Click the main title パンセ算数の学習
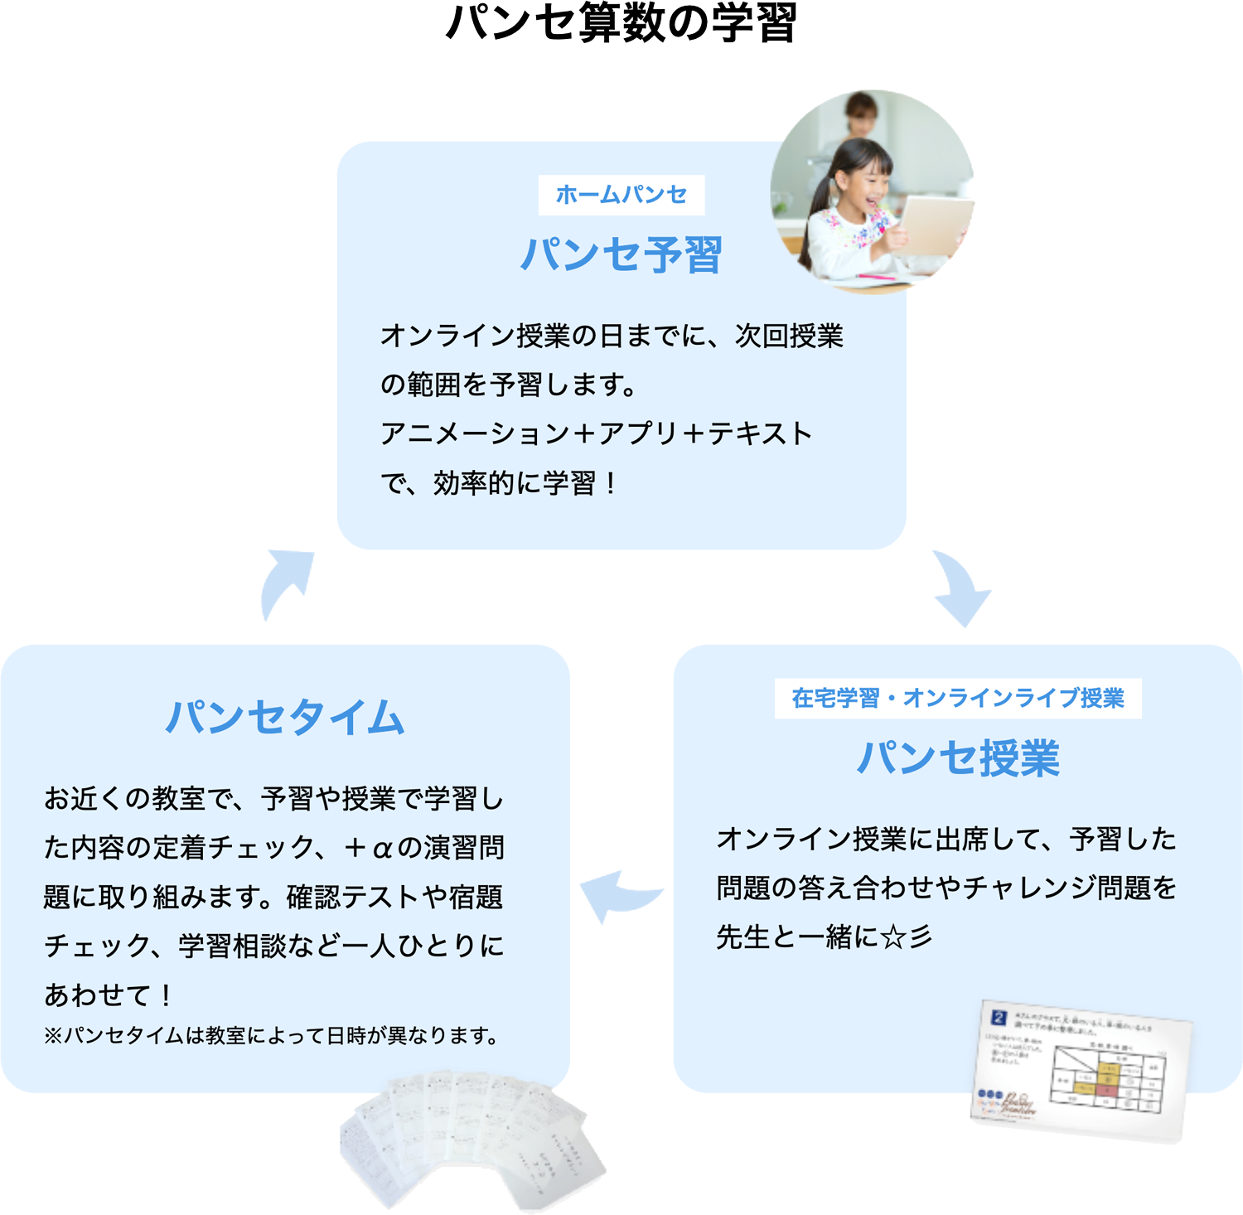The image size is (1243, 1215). [621, 23]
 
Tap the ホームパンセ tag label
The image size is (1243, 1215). [621, 195]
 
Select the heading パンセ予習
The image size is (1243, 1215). [621, 254]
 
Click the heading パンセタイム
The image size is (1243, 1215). [285, 717]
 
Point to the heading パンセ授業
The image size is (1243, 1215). [958, 758]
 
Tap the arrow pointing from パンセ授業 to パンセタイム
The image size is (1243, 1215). [617, 895]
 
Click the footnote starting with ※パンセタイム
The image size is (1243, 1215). [271, 1036]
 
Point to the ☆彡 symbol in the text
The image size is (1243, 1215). [907, 937]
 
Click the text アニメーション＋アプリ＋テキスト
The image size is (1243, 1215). [596, 433]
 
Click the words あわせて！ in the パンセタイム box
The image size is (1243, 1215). [108, 995]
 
